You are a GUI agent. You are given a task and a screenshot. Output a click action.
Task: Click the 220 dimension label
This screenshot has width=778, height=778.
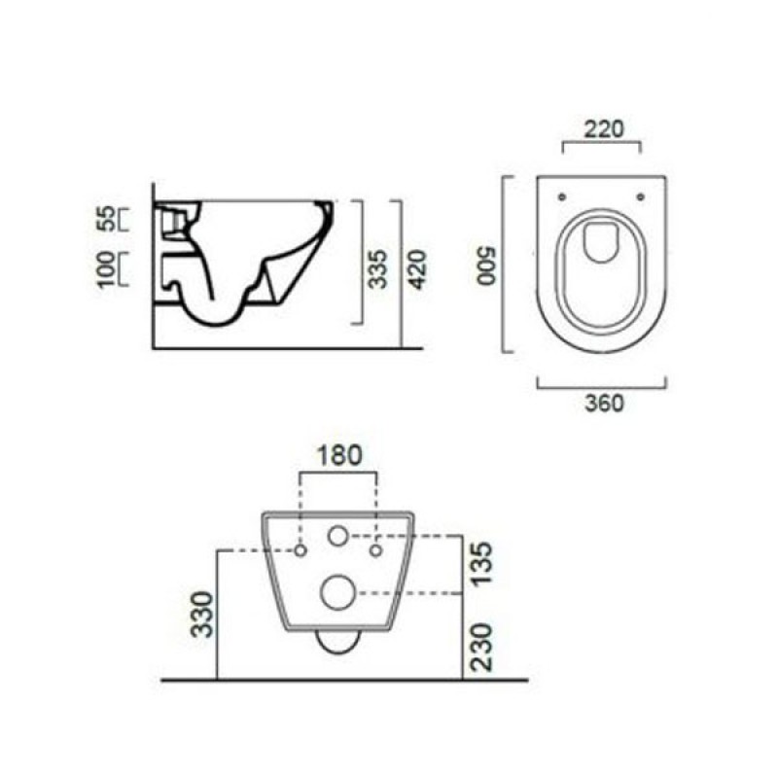point(603,129)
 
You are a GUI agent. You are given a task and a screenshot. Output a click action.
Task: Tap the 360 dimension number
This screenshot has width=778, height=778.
point(604,403)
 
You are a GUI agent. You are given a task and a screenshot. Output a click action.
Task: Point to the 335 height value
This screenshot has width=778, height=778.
point(378,269)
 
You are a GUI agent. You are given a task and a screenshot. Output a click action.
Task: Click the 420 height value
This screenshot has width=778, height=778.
point(417,270)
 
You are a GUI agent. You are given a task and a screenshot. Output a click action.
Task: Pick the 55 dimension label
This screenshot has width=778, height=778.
point(106,219)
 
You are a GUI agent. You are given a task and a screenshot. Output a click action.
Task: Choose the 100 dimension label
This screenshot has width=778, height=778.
point(106,269)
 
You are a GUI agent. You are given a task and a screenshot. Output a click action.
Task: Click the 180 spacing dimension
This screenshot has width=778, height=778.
point(339,455)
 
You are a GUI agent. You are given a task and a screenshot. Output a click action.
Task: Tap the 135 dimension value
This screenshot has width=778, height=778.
point(482,564)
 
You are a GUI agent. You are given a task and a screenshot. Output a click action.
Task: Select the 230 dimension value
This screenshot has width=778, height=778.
point(482,648)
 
